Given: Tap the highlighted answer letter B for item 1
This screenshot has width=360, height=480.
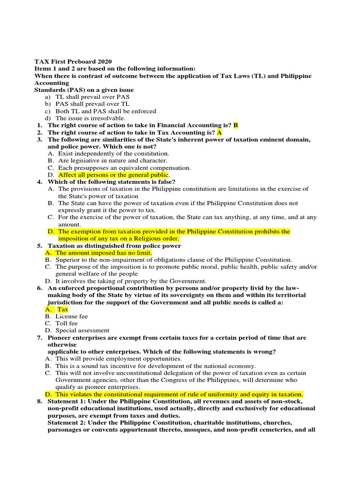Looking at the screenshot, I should [236, 126].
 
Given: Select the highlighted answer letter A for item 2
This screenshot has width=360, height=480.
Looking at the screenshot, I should [219, 133].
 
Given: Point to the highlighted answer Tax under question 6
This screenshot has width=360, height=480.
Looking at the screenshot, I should [63, 309].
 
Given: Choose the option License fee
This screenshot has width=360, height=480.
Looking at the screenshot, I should [71, 316].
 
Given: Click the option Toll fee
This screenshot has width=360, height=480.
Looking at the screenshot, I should [67, 323].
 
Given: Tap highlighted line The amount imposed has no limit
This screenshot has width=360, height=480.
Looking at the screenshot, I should [104, 253].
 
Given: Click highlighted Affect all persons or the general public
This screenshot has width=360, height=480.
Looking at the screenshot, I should [113, 175].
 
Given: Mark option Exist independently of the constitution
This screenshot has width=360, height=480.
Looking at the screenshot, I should [113, 153].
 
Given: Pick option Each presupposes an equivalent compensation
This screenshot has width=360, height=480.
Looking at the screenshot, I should [124, 167].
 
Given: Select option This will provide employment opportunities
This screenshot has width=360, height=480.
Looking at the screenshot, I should [119, 359].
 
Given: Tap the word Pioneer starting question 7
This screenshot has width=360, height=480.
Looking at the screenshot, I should [60, 337].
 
